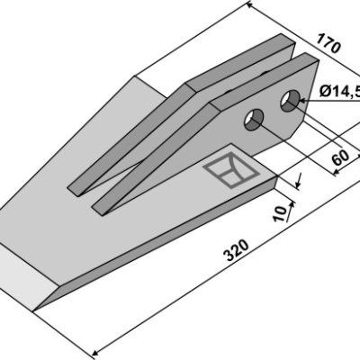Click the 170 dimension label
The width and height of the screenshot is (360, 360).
[x=328, y=43]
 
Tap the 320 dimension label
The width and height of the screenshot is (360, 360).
[x=237, y=250]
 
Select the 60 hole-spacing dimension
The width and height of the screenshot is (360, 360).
[x=340, y=157]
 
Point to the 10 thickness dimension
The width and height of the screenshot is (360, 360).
[x=280, y=214]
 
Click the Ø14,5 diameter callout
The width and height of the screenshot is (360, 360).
[x=340, y=90]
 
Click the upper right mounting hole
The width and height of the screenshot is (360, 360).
[x=290, y=101]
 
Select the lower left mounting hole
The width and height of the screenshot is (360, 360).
[x=254, y=120]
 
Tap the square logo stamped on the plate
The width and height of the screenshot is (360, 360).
[x=231, y=170]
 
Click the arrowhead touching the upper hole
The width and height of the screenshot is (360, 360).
[x=302, y=101]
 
